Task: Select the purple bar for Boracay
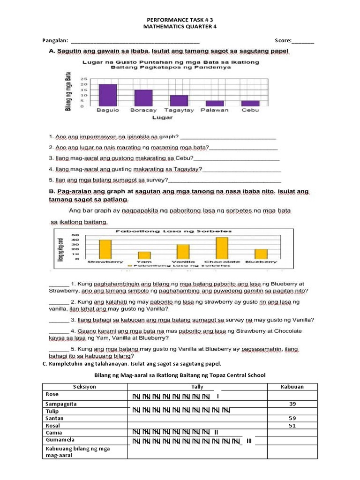click(x=143, y=97)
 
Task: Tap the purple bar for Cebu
click(x=250, y=103)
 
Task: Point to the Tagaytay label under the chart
click(x=179, y=110)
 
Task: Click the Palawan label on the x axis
click(x=214, y=110)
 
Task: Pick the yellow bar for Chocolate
click(x=222, y=248)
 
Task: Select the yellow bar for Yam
click(x=144, y=255)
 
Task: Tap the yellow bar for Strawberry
click(x=105, y=249)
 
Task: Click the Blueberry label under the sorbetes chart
click(x=261, y=262)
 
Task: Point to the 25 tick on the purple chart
click(x=83, y=79)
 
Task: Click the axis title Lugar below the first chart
click(x=162, y=118)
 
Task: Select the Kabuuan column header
click(x=292, y=387)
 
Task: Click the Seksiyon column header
click(x=84, y=387)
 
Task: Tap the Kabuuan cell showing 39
click(x=292, y=404)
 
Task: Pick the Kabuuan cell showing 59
click(x=292, y=418)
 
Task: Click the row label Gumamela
click(x=60, y=441)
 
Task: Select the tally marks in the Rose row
click(x=176, y=397)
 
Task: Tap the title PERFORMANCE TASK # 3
click(x=180, y=21)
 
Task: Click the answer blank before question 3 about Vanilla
click(x=59, y=320)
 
